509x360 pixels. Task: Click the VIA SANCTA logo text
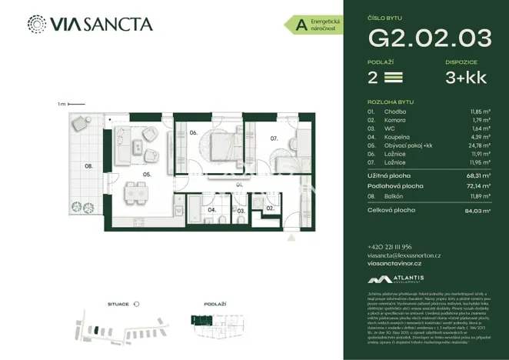click(x=101, y=24)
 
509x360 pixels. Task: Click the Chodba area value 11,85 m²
click(x=480, y=112)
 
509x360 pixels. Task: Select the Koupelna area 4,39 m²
click(x=481, y=137)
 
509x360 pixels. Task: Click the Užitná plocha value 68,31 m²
click(x=478, y=175)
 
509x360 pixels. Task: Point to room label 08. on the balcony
click(x=89, y=165)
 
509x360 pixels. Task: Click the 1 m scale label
click(x=60, y=104)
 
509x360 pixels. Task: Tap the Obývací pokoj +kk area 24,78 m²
click(x=480, y=145)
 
